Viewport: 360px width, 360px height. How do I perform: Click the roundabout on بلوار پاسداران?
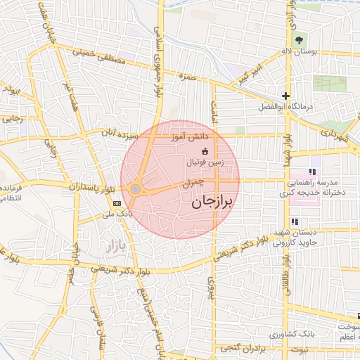point(135,188)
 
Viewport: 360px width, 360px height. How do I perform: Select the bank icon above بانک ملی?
point(116,203)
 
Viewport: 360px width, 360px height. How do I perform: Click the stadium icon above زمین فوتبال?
point(205,151)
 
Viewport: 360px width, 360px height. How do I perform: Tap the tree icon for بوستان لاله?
point(300,40)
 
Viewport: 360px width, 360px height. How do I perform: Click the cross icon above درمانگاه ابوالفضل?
point(285,96)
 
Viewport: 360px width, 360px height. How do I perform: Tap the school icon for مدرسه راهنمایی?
point(312,172)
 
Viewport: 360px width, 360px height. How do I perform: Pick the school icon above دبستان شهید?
point(295,221)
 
